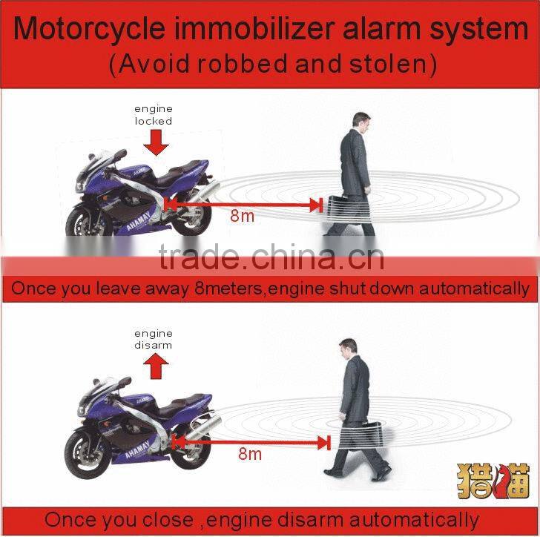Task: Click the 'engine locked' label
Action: point(154,115)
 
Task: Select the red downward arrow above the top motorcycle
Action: point(156,142)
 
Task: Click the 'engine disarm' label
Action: point(153,339)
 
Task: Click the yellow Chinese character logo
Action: point(493,481)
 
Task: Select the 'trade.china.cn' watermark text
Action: point(271,257)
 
